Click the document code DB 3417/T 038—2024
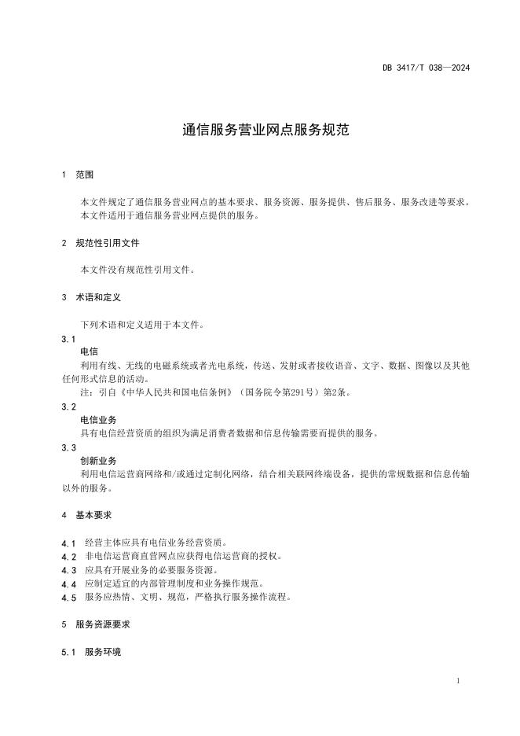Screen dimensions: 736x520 [426, 68]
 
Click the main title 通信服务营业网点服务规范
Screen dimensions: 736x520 [259, 130]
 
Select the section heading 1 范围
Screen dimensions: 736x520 [78, 175]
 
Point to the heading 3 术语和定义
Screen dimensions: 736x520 [91, 297]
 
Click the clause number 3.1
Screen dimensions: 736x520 [68, 339]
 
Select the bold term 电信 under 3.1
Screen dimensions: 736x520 [89, 351]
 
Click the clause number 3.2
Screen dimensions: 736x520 [68, 407]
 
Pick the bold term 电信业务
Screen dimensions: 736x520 [98, 420]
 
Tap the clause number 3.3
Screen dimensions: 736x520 [68, 447]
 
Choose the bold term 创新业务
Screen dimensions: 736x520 [98, 461]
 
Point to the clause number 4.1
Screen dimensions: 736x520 [68, 543]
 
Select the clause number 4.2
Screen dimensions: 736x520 [68, 557]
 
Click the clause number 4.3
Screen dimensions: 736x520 [68, 570]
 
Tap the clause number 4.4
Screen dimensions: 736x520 [68, 583]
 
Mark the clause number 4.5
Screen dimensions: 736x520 [68, 598]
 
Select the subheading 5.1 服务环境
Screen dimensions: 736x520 [91, 653]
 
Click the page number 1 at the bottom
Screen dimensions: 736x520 [457, 681]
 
